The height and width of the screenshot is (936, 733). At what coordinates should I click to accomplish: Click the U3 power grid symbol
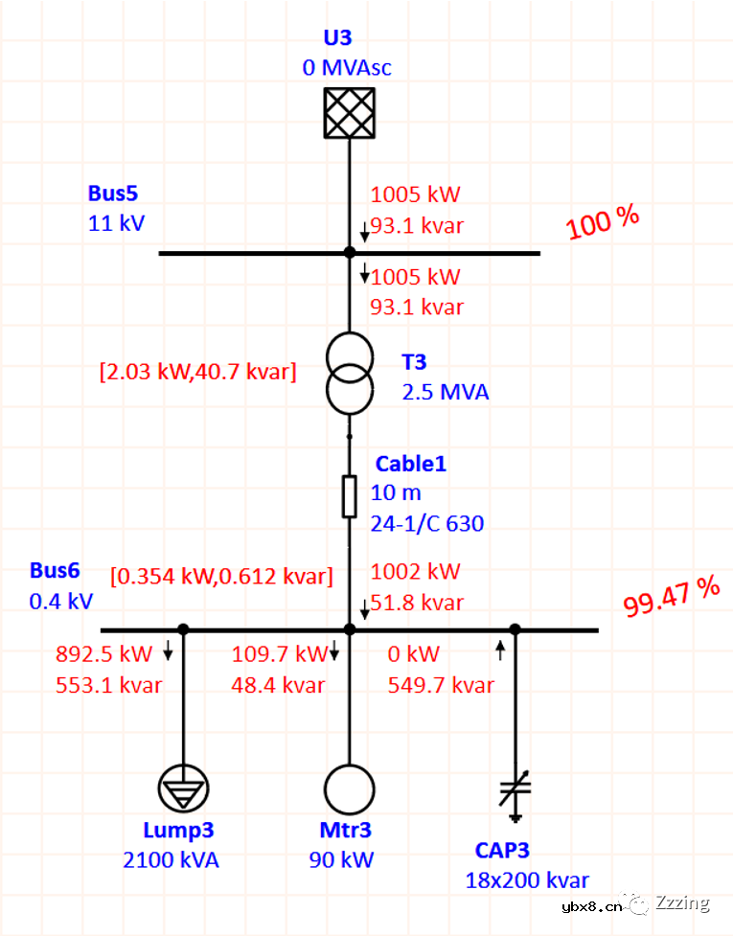tap(349, 113)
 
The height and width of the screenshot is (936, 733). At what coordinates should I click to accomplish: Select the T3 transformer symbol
tap(349, 374)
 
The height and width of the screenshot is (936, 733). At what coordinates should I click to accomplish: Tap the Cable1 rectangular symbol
tap(349, 495)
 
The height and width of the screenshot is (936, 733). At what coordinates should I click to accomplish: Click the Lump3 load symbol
tap(184, 789)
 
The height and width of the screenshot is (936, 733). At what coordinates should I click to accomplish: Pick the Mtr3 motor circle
tap(349, 789)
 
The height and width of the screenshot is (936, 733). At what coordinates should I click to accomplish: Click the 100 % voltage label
tap(603, 222)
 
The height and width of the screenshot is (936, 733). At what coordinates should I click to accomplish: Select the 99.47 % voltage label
tap(671, 597)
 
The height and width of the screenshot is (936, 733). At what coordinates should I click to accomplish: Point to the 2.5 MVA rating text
tap(445, 392)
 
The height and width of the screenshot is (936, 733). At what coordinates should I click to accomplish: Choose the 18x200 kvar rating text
tap(527, 880)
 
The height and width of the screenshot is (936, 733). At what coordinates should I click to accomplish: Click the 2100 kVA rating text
tap(171, 859)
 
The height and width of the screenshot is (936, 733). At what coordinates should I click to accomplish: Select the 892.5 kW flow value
tap(104, 654)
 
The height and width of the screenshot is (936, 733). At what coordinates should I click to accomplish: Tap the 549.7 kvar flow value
tap(441, 685)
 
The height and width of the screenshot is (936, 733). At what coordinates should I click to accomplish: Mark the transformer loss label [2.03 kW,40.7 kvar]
tap(197, 371)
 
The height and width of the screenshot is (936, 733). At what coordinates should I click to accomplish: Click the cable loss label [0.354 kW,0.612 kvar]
tap(221, 576)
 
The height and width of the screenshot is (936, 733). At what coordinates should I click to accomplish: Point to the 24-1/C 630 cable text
tap(427, 523)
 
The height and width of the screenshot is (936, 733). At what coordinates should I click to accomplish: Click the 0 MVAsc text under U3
tap(347, 68)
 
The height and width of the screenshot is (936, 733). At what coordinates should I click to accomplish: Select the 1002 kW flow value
tap(416, 571)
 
